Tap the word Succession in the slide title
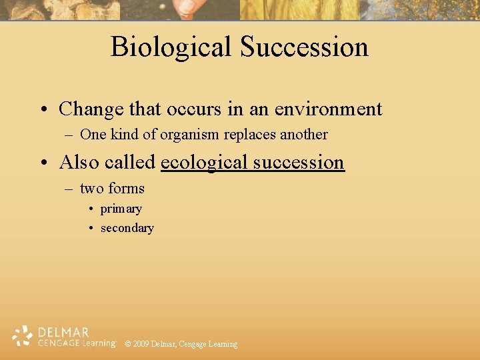click(x=304, y=47)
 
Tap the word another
click(x=304, y=135)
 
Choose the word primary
click(x=121, y=209)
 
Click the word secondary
click(x=127, y=228)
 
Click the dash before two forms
click(x=69, y=189)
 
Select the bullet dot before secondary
click(x=91, y=229)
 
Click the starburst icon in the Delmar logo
click(x=23, y=336)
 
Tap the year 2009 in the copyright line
click(x=141, y=344)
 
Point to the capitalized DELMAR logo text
click(x=63, y=331)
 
